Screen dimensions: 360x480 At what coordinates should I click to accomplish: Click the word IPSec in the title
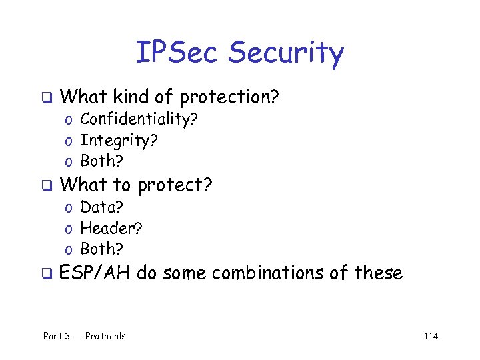[178, 53]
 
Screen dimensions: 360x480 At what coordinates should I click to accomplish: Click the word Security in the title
[286, 54]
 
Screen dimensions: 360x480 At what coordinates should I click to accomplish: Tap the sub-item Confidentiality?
[139, 119]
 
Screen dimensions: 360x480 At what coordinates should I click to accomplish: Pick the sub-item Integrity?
[119, 141]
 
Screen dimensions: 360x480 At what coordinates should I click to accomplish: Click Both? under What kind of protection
[102, 161]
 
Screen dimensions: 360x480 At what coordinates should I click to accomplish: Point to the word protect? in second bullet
[175, 185]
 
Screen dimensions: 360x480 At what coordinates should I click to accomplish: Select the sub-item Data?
[101, 207]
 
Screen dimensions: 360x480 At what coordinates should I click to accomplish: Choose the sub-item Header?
[111, 228]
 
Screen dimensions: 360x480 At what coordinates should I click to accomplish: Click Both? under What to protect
[102, 249]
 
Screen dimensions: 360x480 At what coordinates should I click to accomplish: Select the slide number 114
[430, 336]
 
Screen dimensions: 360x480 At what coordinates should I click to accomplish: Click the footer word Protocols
[105, 336]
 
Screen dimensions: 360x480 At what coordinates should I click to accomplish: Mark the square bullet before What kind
[47, 99]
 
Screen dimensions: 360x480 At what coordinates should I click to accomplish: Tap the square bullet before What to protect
[47, 186]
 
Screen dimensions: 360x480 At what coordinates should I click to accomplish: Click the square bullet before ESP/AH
[47, 274]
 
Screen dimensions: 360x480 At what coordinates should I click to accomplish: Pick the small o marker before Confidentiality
[69, 121]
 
